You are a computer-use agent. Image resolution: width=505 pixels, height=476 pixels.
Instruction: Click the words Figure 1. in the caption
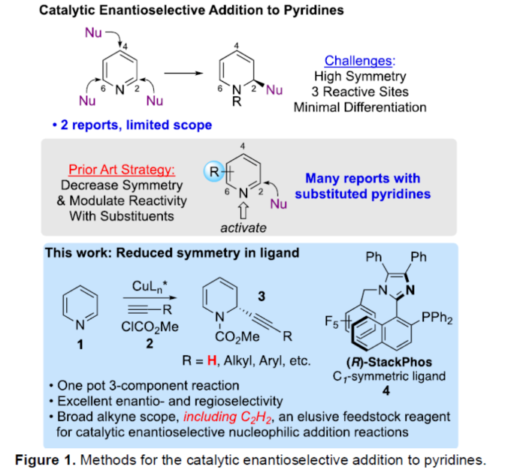[x=47, y=457]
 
